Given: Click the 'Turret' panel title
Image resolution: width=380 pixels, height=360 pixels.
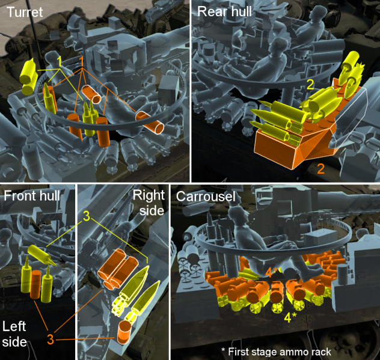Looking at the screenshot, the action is pos(25,12).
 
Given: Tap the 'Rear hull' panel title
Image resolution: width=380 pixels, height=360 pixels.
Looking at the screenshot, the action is pos(224,11).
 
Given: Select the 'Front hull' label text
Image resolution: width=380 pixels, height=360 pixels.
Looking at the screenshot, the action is pos(32,196).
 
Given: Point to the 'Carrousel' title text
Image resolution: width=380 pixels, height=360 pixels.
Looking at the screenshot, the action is pos(206,197).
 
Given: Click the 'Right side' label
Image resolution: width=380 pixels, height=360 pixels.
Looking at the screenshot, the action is pos(149,203).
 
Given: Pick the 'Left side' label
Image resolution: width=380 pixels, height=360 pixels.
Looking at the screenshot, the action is pos(14,334).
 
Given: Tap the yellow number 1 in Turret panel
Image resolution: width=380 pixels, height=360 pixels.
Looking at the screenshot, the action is pos(59,61).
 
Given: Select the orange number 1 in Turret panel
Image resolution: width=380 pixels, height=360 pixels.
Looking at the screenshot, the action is pos(82,61).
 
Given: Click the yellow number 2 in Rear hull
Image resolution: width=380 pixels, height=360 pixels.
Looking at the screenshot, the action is pos(310,85).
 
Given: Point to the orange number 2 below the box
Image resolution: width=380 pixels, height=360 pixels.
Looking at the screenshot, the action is pos(320,169).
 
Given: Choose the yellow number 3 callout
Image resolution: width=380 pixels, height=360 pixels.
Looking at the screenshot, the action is pos(87,216).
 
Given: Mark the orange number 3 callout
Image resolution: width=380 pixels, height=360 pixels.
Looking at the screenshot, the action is pos(50,340).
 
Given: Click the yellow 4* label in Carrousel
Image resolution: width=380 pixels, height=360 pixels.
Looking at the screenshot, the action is pos(290,317).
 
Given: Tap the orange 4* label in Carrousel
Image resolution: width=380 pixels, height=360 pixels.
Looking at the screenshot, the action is pos(271,272).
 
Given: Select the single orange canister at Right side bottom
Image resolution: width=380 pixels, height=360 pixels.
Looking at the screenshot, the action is pos(124,332).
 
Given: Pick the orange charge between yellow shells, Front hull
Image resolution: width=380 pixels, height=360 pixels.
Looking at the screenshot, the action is pos(35,284).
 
